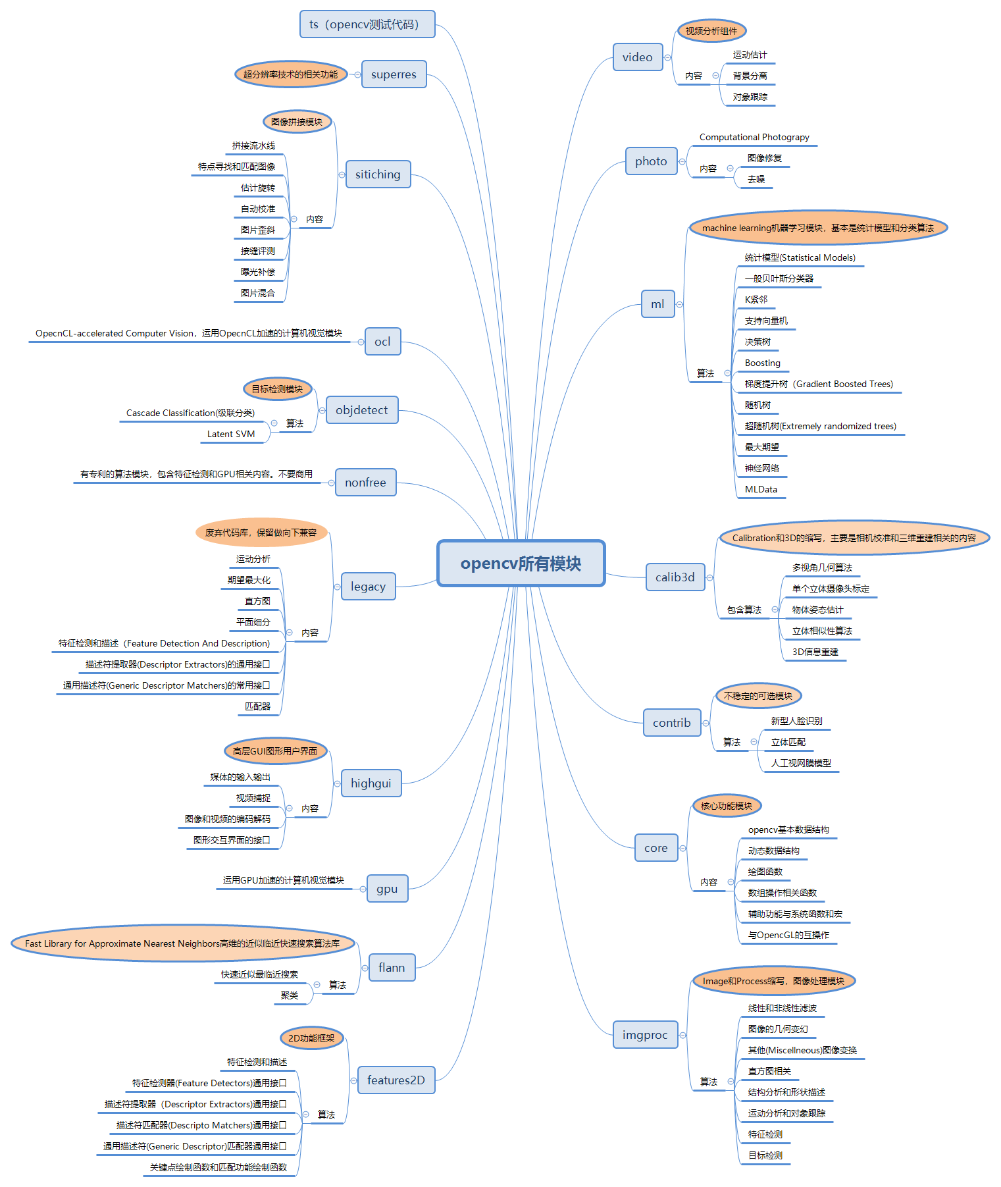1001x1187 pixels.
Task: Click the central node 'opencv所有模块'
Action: [x=521, y=564]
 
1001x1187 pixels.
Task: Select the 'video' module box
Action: [x=637, y=57]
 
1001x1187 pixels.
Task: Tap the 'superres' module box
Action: [x=394, y=74]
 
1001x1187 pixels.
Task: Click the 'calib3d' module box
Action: [x=675, y=577]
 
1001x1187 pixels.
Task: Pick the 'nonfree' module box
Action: [x=365, y=483]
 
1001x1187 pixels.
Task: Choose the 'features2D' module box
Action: [x=396, y=1080]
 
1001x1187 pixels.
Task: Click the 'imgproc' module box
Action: [x=644, y=1035]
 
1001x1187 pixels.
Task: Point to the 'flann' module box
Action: [x=391, y=968]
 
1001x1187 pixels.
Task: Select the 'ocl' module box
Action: [x=382, y=342]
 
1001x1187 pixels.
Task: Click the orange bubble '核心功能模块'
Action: [x=727, y=806]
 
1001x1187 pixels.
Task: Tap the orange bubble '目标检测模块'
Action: [x=277, y=389]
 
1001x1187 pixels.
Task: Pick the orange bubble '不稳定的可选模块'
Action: [x=758, y=696]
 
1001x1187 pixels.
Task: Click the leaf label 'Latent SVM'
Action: [x=231, y=434]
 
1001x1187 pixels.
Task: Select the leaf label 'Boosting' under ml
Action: [x=762, y=363]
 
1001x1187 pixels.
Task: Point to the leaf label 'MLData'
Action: [x=761, y=489]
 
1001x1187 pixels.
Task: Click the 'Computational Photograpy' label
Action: [x=754, y=137]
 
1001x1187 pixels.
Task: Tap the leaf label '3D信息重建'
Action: [x=815, y=652]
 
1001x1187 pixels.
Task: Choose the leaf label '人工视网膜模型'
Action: [x=801, y=763]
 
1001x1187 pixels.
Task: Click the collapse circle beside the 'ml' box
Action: [x=680, y=304]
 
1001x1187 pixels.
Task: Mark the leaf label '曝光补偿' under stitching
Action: [x=258, y=272]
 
